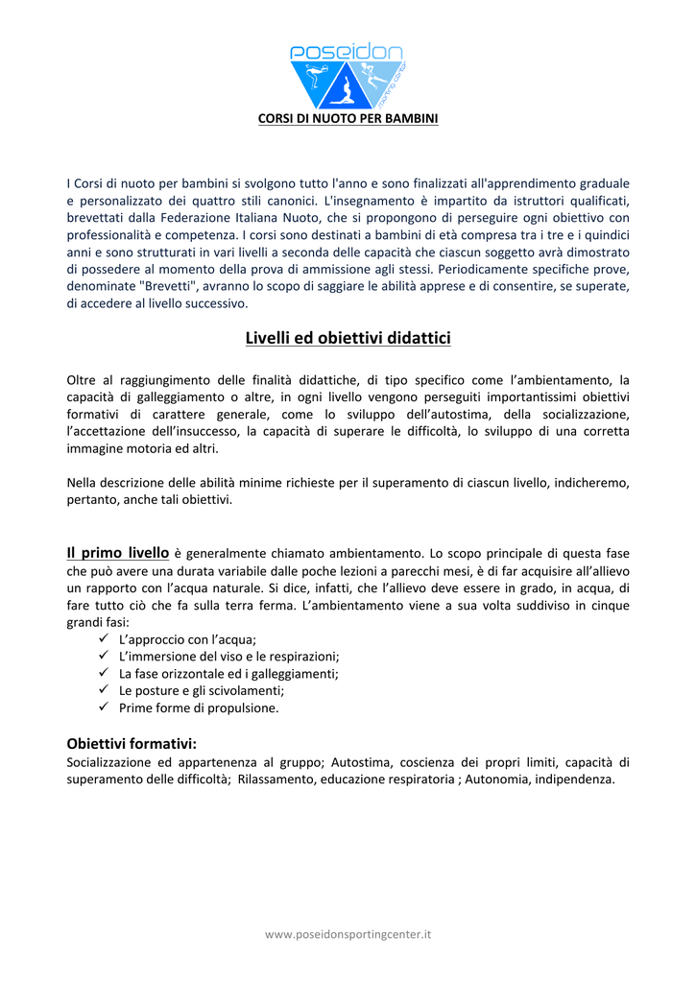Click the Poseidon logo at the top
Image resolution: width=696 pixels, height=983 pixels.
click(x=347, y=75)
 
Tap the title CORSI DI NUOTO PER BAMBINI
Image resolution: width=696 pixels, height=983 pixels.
click(x=348, y=119)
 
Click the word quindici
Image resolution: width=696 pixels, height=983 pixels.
click(x=603, y=234)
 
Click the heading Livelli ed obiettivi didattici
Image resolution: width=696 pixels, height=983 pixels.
click(x=348, y=338)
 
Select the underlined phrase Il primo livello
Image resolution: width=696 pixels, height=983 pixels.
click(x=117, y=553)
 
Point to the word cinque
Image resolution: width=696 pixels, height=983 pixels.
click(x=609, y=605)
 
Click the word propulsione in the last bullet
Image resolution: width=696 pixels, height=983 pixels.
click(x=233, y=707)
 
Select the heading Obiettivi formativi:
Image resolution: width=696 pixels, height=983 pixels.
click(x=132, y=743)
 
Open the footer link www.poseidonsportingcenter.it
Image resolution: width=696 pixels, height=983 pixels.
click(x=348, y=933)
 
